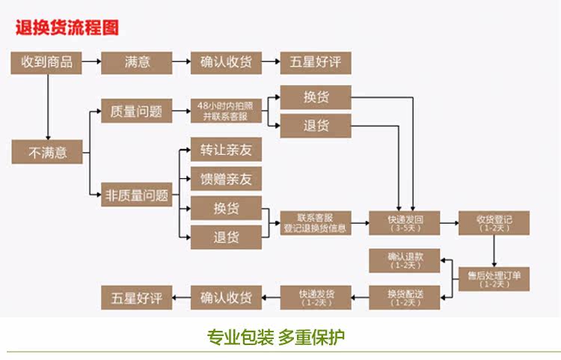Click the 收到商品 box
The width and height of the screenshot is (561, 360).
pyautogui.click(x=46, y=62)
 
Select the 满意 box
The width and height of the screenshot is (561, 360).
pyautogui.click(x=136, y=62)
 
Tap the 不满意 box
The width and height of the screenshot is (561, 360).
pyautogui.click(x=46, y=153)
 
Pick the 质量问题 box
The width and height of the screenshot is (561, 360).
pyautogui.click(x=136, y=111)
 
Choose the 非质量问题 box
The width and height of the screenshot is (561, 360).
pyautogui.click(x=136, y=196)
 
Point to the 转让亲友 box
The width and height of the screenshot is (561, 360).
pyautogui.click(x=226, y=150)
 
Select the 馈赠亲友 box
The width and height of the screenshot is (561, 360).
pyautogui.click(x=226, y=179)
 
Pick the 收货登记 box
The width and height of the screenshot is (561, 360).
pyautogui.click(x=494, y=224)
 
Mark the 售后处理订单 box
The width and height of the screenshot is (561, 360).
pyautogui.click(x=494, y=278)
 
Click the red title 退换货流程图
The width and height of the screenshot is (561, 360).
pyautogui.click(x=67, y=28)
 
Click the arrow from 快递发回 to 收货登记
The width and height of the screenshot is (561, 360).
pyautogui.click(x=450, y=224)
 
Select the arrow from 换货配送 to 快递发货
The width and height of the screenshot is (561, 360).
pyautogui.click(x=360, y=297)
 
